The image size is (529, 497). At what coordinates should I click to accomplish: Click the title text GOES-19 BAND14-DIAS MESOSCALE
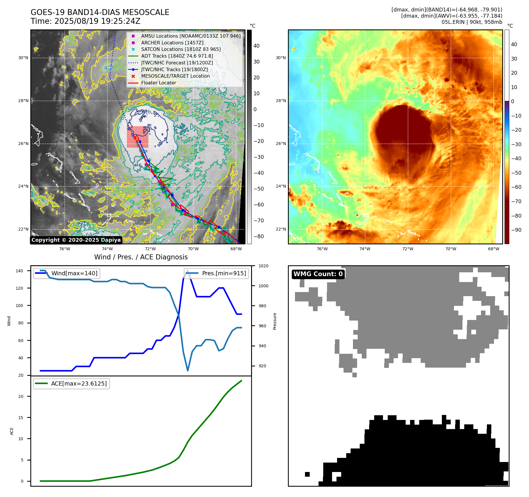click(x=100, y=12)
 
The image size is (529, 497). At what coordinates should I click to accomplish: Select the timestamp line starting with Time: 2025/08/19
click(x=85, y=21)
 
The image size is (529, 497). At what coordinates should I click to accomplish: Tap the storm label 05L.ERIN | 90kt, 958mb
click(x=472, y=22)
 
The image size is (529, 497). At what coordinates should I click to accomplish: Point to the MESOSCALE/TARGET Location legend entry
click(x=175, y=76)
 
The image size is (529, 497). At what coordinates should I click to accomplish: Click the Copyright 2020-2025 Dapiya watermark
click(x=76, y=240)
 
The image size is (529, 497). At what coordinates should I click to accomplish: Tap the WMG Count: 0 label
click(x=318, y=274)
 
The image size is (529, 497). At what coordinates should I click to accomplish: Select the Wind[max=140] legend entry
click(x=74, y=273)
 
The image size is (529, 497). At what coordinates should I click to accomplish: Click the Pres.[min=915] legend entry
click(x=224, y=273)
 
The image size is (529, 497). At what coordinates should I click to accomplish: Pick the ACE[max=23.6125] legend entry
click(x=79, y=383)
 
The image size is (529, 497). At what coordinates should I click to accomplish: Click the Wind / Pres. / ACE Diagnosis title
click(x=141, y=257)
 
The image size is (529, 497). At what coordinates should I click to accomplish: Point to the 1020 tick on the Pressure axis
click(x=263, y=266)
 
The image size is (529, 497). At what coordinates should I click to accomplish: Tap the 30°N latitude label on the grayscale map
click(x=23, y=58)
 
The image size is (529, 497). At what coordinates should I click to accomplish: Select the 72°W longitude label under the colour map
click(x=407, y=249)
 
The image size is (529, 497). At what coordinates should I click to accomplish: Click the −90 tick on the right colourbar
click(x=516, y=230)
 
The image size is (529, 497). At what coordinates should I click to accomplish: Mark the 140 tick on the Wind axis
click(x=19, y=271)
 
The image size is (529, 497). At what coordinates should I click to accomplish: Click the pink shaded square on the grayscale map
click(x=137, y=137)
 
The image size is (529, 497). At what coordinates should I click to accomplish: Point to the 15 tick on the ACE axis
click(x=21, y=418)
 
